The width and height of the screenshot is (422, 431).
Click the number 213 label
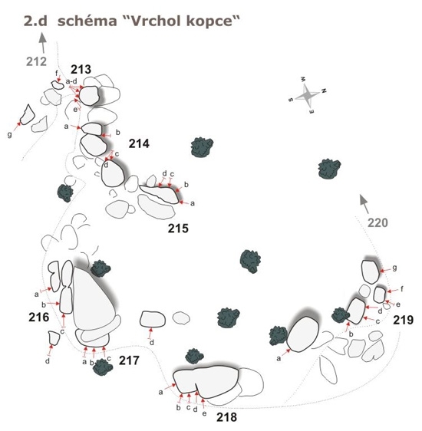[81, 69]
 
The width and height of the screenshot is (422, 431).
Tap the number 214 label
[139, 143]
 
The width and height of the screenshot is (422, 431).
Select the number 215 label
[178, 229]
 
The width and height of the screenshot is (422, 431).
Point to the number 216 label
[39, 317]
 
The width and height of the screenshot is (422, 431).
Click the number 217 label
[129, 360]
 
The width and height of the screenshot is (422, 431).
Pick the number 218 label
[226, 417]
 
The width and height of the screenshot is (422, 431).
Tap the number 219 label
[404, 320]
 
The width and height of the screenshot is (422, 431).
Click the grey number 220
[377, 222]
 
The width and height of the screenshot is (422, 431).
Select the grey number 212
[36, 61]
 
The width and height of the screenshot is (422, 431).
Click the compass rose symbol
[308, 95]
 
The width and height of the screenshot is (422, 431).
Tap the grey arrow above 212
[42, 43]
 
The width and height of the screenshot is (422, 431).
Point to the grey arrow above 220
[364, 204]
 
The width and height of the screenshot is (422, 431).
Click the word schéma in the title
[87, 21]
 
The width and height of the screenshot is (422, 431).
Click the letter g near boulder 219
[395, 268]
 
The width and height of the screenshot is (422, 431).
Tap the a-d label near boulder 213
[71, 81]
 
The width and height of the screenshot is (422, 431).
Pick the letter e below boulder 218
[204, 413]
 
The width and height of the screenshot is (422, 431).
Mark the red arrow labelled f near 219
[393, 291]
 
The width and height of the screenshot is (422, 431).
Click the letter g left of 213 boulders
[10, 135]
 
